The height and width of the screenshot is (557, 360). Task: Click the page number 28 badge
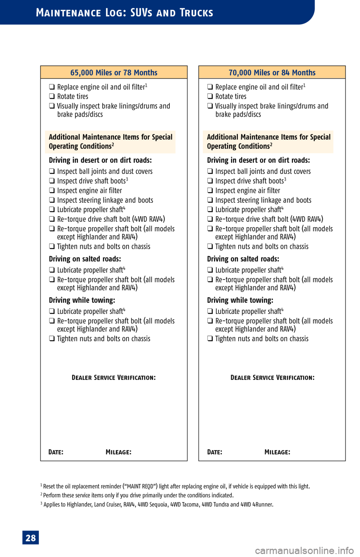point(30,538)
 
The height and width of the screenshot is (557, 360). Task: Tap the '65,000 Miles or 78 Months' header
point(114,72)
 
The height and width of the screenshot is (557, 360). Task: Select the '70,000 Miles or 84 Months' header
point(272,72)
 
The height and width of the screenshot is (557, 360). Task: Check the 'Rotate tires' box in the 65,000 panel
point(52,96)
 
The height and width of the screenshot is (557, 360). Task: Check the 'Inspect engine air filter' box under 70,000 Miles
point(210,191)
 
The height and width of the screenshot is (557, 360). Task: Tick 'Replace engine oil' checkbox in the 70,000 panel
point(210,87)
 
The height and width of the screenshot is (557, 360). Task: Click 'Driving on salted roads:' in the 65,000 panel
point(85,259)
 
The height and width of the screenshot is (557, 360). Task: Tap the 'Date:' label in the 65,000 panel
point(56,452)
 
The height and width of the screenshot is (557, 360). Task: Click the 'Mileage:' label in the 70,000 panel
point(277,452)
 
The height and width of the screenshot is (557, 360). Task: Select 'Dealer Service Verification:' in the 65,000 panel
point(114,378)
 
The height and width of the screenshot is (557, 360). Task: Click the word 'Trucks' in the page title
point(196,13)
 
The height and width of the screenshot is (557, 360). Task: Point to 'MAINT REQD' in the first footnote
point(140,486)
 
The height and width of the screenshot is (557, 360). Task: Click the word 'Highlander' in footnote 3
point(79,504)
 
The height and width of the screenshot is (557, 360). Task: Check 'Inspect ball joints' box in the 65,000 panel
point(52,172)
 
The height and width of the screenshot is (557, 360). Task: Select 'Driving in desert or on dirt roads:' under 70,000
point(258,160)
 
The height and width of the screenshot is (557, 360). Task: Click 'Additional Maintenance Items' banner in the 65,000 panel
point(110,142)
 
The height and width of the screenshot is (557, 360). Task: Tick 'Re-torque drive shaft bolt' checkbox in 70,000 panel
point(210,219)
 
